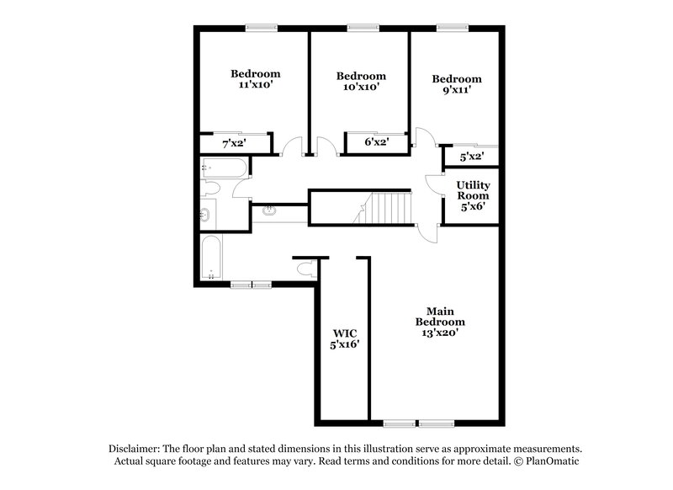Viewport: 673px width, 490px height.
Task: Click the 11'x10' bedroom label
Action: tap(256, 80)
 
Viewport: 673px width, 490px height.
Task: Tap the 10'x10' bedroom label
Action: tap(360, 82)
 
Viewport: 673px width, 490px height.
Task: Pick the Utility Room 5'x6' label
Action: tap(474, 195)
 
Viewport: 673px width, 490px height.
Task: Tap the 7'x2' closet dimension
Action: tap(234, 144)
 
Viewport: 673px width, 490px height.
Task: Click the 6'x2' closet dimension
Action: tap(375, 143)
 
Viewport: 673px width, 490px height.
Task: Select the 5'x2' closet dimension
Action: tap(472, 156)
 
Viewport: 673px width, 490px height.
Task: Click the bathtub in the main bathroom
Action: tap(210, 256)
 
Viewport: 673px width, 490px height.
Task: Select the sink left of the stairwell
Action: tap(269, 210)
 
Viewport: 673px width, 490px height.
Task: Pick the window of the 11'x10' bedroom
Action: tap(262, 28)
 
